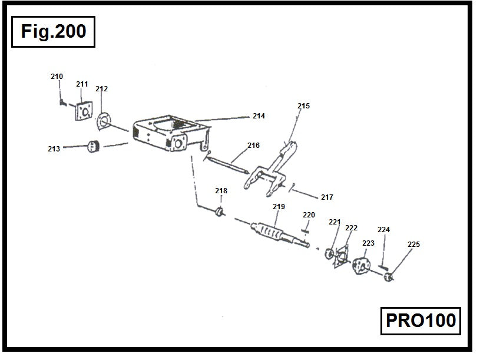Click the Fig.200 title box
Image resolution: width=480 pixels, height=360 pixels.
click(53, 31)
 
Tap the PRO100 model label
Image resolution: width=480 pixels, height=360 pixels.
click(421, 321)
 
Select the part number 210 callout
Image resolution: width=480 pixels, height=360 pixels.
click(57, 77)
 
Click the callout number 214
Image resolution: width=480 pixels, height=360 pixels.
click(259, 116)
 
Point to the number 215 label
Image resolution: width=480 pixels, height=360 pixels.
click(303, 106)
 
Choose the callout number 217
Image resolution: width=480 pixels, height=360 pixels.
click(327, 197)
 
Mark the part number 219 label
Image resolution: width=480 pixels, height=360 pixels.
click(279, 207)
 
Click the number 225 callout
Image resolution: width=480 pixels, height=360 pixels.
click(414, 244)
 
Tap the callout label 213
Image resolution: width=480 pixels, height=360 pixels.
click(54, 149)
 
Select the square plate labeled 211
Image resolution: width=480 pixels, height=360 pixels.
click(84, 111)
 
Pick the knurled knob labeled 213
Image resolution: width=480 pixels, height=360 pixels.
click(92, 146)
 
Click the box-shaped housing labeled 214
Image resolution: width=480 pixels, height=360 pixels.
click(168, 134)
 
